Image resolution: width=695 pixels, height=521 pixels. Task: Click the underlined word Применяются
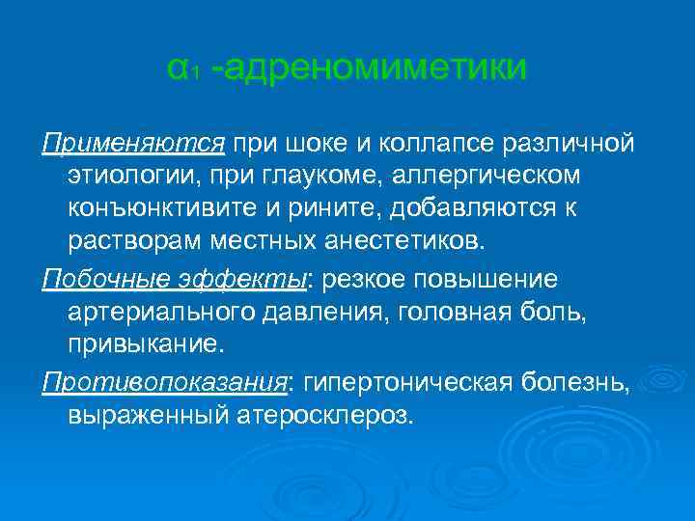(133, 145)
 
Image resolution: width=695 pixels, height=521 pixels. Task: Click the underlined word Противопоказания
(164, 383)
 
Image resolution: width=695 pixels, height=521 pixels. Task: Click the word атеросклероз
(331, 415)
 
